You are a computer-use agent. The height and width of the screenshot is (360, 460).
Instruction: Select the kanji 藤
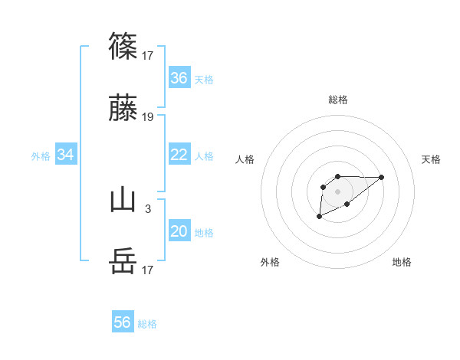123,110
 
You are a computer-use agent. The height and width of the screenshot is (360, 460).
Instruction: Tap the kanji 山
123,200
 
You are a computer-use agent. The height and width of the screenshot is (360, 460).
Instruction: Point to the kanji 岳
123,262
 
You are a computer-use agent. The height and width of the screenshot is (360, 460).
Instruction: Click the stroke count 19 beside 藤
148,117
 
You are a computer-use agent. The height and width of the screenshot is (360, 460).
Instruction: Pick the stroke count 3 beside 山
148,208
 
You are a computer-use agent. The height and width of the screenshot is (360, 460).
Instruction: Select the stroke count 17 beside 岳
148,270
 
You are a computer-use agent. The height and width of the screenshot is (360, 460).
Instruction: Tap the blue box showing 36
179,78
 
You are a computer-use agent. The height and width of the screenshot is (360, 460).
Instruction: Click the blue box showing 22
179,155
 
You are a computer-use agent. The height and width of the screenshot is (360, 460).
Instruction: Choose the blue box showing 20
179,231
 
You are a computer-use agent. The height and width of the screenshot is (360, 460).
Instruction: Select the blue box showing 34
66,155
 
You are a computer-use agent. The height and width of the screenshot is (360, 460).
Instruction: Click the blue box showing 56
123,322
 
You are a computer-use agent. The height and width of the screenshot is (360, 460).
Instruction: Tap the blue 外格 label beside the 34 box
41,156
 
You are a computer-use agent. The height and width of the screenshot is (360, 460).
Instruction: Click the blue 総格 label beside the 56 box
147,324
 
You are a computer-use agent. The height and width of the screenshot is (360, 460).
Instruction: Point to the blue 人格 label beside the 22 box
204,156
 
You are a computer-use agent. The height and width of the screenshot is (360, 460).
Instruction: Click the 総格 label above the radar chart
338,100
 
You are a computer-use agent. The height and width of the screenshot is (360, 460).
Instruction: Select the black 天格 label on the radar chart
432,159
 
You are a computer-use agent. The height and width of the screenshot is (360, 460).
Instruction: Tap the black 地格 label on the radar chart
402,263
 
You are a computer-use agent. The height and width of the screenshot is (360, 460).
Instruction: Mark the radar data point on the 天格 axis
382,177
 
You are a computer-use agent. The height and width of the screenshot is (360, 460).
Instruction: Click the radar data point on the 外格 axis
319,218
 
